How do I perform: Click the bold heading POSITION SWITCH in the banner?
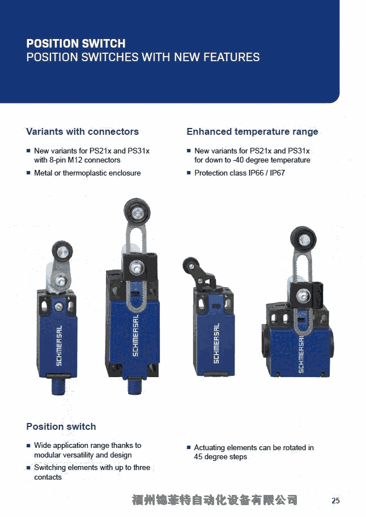pos(76,44)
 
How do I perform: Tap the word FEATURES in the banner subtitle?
pos(231,57)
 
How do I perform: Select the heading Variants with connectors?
pos(83,131)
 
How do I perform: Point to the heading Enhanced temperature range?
pos(253,131)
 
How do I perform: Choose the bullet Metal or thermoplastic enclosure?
pos(87,173)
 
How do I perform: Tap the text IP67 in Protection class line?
pos(277,173)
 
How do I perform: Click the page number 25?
pos(335,501)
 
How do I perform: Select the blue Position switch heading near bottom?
pos(61,426)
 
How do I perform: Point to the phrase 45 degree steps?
pos(220,456)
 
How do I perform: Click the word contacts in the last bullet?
pos(48,477)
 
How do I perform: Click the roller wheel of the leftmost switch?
pos(62,252)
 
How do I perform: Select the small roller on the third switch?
pos(190,266)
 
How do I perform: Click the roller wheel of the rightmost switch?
pos(303,240)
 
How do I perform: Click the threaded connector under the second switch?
pos(135,386)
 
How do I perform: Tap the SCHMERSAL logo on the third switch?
pos(216,344)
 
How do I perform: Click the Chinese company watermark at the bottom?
pos(215,500)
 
